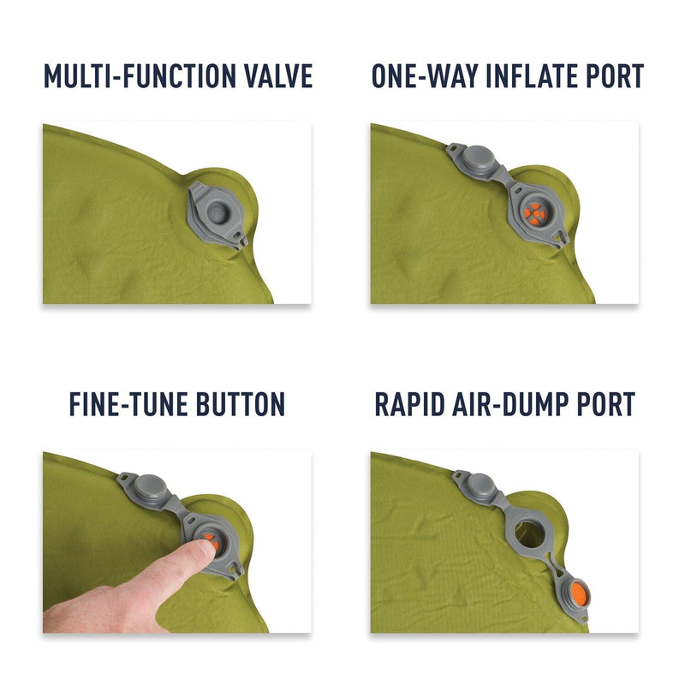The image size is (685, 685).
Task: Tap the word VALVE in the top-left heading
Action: tap(278, 75)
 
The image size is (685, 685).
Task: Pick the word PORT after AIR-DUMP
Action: tap(604, 403)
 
